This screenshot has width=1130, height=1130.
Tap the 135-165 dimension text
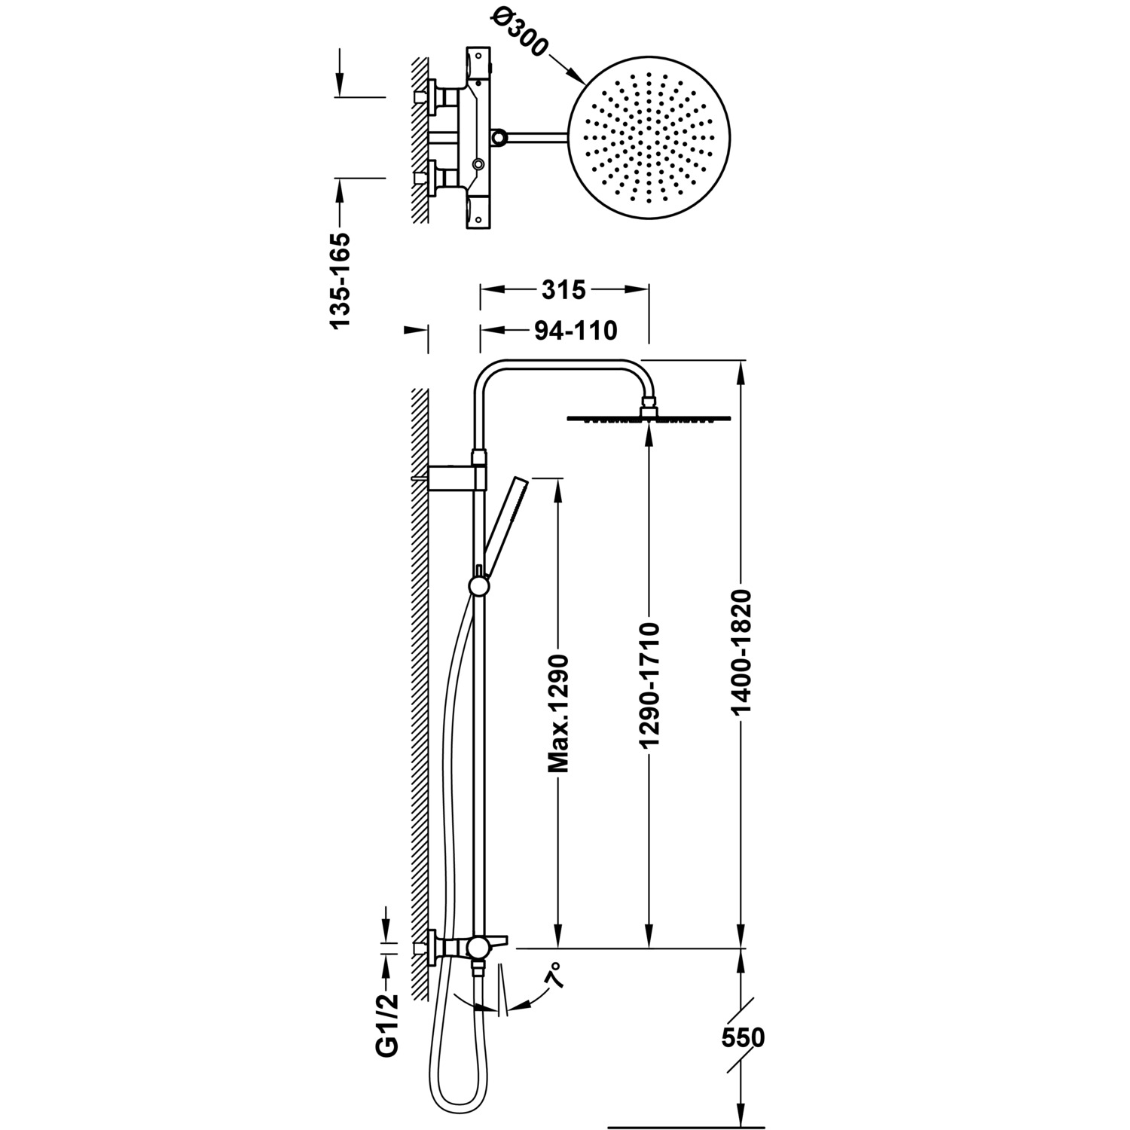pos(340,280)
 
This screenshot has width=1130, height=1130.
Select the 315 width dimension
pos(563,289)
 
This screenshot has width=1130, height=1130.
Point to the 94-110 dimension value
pos(575,330)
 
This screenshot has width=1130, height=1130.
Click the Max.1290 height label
pos(558,714)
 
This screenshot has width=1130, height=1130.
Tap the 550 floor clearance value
pos(742,1037)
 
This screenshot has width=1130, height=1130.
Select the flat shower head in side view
pos(648,418)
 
